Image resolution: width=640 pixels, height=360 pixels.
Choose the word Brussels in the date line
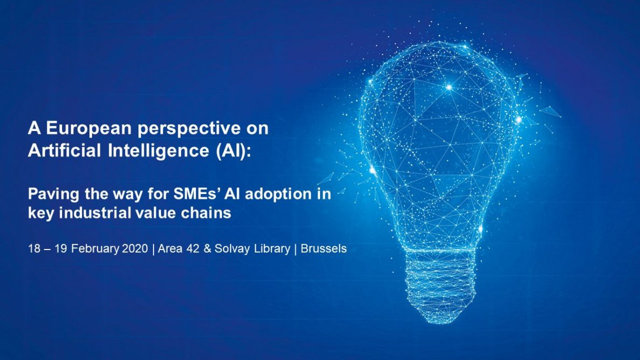[x=324, y=250]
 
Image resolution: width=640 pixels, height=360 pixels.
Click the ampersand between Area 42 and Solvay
[x=207, y=250]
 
